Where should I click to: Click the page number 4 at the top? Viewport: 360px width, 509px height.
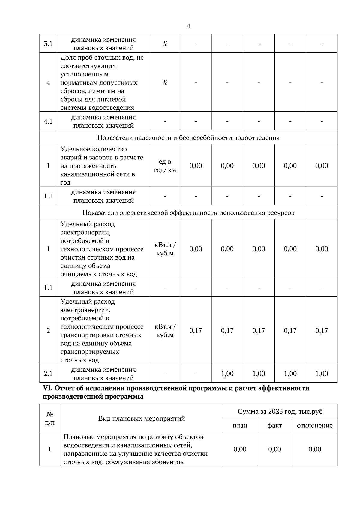click(188, 26)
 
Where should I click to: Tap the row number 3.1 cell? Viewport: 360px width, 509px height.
click(48, 44)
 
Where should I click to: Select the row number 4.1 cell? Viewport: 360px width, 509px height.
click(48, 121)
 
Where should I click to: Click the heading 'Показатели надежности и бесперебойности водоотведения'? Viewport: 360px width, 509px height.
click(188, 138)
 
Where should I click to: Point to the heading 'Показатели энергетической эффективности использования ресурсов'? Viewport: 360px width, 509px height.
click(188, 213)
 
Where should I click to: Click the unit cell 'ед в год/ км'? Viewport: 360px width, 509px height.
click(165, 166)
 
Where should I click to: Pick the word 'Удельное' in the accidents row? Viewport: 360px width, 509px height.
click(74, 149)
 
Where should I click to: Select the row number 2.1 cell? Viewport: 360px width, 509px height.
click(48, 374)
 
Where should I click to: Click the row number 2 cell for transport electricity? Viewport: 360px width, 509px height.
click(48, 331)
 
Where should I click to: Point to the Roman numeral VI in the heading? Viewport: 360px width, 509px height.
click(48, 388)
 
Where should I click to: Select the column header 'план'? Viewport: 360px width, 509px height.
click(240, 425)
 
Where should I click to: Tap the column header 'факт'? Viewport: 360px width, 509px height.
click(274, 425)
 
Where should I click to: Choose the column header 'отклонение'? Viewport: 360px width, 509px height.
click(315, 425)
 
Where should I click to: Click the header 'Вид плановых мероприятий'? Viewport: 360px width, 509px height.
click(141, 418)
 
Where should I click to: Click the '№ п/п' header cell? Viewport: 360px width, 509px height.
click(50, 418)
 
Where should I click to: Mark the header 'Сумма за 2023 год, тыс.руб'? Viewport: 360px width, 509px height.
click(280, 411)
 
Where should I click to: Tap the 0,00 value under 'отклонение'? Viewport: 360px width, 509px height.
click(315, 449)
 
